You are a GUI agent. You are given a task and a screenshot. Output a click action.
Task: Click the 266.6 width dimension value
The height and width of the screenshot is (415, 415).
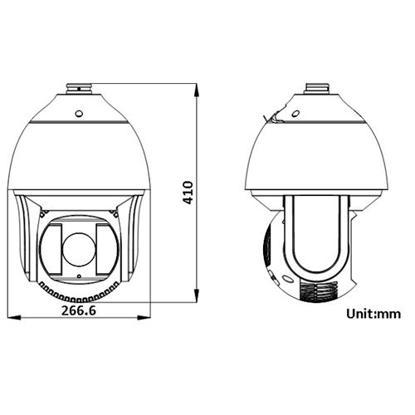77,310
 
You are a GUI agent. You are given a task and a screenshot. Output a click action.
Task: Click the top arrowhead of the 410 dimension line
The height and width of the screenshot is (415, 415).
196,86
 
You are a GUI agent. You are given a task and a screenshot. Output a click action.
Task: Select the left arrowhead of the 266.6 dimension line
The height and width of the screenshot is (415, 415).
11,317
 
